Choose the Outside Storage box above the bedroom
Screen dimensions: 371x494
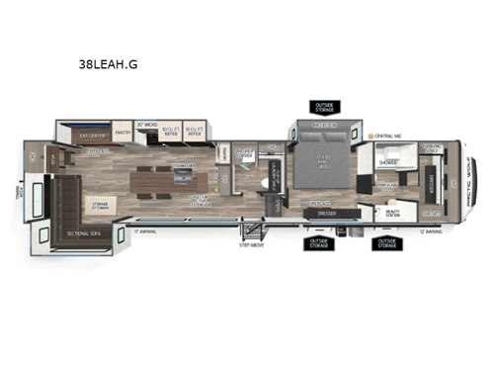pos(326,107)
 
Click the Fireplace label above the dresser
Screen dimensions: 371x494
pos(320,204)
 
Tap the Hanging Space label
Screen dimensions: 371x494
pos(432,149)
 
